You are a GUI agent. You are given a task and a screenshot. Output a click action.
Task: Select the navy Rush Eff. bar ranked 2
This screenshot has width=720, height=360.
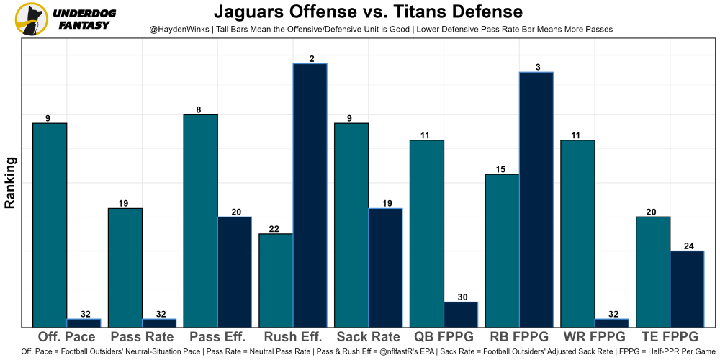(x=310, y=195)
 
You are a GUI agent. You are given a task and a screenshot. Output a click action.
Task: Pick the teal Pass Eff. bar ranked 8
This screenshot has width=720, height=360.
(x=200, y=220)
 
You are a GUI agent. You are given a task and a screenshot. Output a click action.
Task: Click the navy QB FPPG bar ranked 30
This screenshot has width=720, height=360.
(x=461, y=315)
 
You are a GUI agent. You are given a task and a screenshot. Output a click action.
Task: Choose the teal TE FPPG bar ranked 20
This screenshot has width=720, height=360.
(x=653, y=271)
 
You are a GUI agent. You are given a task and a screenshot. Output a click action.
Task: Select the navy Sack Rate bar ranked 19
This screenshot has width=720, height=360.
(x=386, y=267)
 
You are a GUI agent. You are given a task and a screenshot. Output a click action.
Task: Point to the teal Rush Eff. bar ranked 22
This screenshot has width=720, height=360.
(x=276, y=280)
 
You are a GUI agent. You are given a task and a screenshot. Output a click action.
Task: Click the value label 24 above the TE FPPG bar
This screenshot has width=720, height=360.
(x=688, y=246)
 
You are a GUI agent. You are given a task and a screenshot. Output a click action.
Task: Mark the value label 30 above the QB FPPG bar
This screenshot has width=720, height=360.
(x=462, y=297)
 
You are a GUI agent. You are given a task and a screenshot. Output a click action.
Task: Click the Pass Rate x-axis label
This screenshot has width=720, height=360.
(x=141, y=337)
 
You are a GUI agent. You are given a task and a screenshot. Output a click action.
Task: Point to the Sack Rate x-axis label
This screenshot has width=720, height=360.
(x=367, y=337)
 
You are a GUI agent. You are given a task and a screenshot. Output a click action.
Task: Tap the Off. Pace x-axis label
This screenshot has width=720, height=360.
(x=66, y=337)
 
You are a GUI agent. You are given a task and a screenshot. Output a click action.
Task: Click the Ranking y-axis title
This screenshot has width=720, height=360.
(x=10, y=183)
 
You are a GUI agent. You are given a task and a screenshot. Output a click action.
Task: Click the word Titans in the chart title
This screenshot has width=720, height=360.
(x=436, y=12)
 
